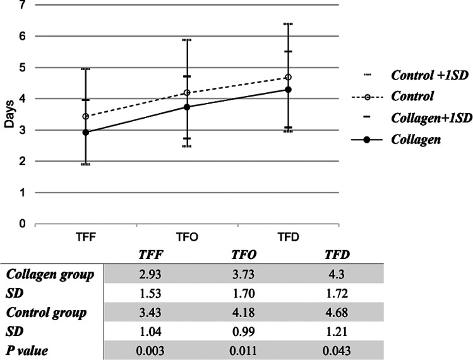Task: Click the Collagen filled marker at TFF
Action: tap(86, 132)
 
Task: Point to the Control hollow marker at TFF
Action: tap(86, 116)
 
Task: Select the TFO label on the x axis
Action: tap(187, 237)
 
